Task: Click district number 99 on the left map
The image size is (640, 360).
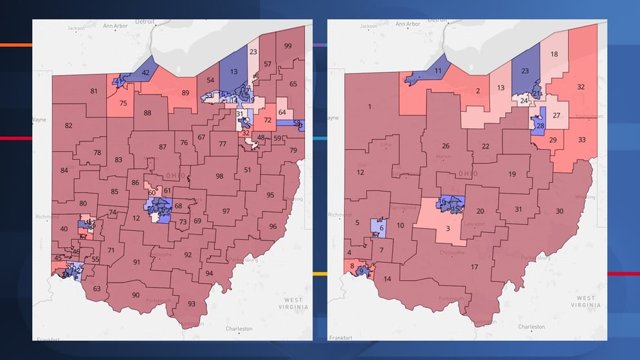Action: pyautogui.click(x=288, y=46)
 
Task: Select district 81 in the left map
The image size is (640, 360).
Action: pyautogui.click(x=94, y=91)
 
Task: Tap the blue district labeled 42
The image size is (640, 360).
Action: pyautogui.click(x=146, y=73)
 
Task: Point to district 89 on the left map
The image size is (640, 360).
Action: pyautogui.click(x=185, y=93)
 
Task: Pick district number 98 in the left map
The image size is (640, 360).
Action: pyautogui.click(x=219, y=176)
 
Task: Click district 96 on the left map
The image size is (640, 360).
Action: pyautogui.click(x=273, y=226)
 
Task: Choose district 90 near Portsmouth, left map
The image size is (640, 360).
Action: pyautogui.click(x=136, y=295)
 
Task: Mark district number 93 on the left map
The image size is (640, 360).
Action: pyautogui.click(x=191, y=303)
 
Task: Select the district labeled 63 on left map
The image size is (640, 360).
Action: pyautogui.click(x=96, y=289)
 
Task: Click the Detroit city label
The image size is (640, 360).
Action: pyautogui.click(x=145, y=21)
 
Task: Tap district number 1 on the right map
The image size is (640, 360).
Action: pyautogui.click(x=370, y=106)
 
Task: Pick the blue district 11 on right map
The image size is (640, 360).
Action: pyautogui.click(x=437, y=71)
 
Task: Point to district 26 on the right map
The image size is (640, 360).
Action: pyautogui.click(x=445, y=146)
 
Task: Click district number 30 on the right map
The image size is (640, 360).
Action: pyautogui.click(x=560, y=212)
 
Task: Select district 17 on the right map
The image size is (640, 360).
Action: pyautogui.click(x=475, y=267)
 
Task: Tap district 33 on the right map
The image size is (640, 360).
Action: pyautogui.click(x=581, y=139)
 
